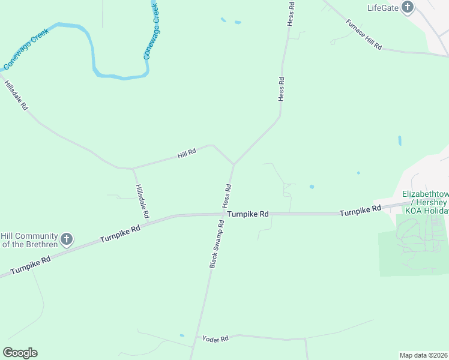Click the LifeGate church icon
click(x=408, y=8)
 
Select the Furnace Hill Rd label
click(x=364, y=34)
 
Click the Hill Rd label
click(x=187, y=154)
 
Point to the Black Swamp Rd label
click(x=217, y=244)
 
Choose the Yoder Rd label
click(x=216, y=339)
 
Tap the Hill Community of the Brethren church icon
click(x=67, y=240)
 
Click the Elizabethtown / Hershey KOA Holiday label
click(x=426, y=203)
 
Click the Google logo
click(x=20, y=353)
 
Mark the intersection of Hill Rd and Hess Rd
click(x=234, y=164)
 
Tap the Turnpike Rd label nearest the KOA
click(x=360, y=211)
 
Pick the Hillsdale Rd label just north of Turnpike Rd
click(x=142, y=201)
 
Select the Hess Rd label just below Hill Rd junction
click(x=228, y=196)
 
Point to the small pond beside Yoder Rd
click(x=182, y=335)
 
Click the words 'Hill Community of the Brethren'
click(x=29, y=240)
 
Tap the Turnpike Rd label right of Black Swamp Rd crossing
click(x=248, y=214)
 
